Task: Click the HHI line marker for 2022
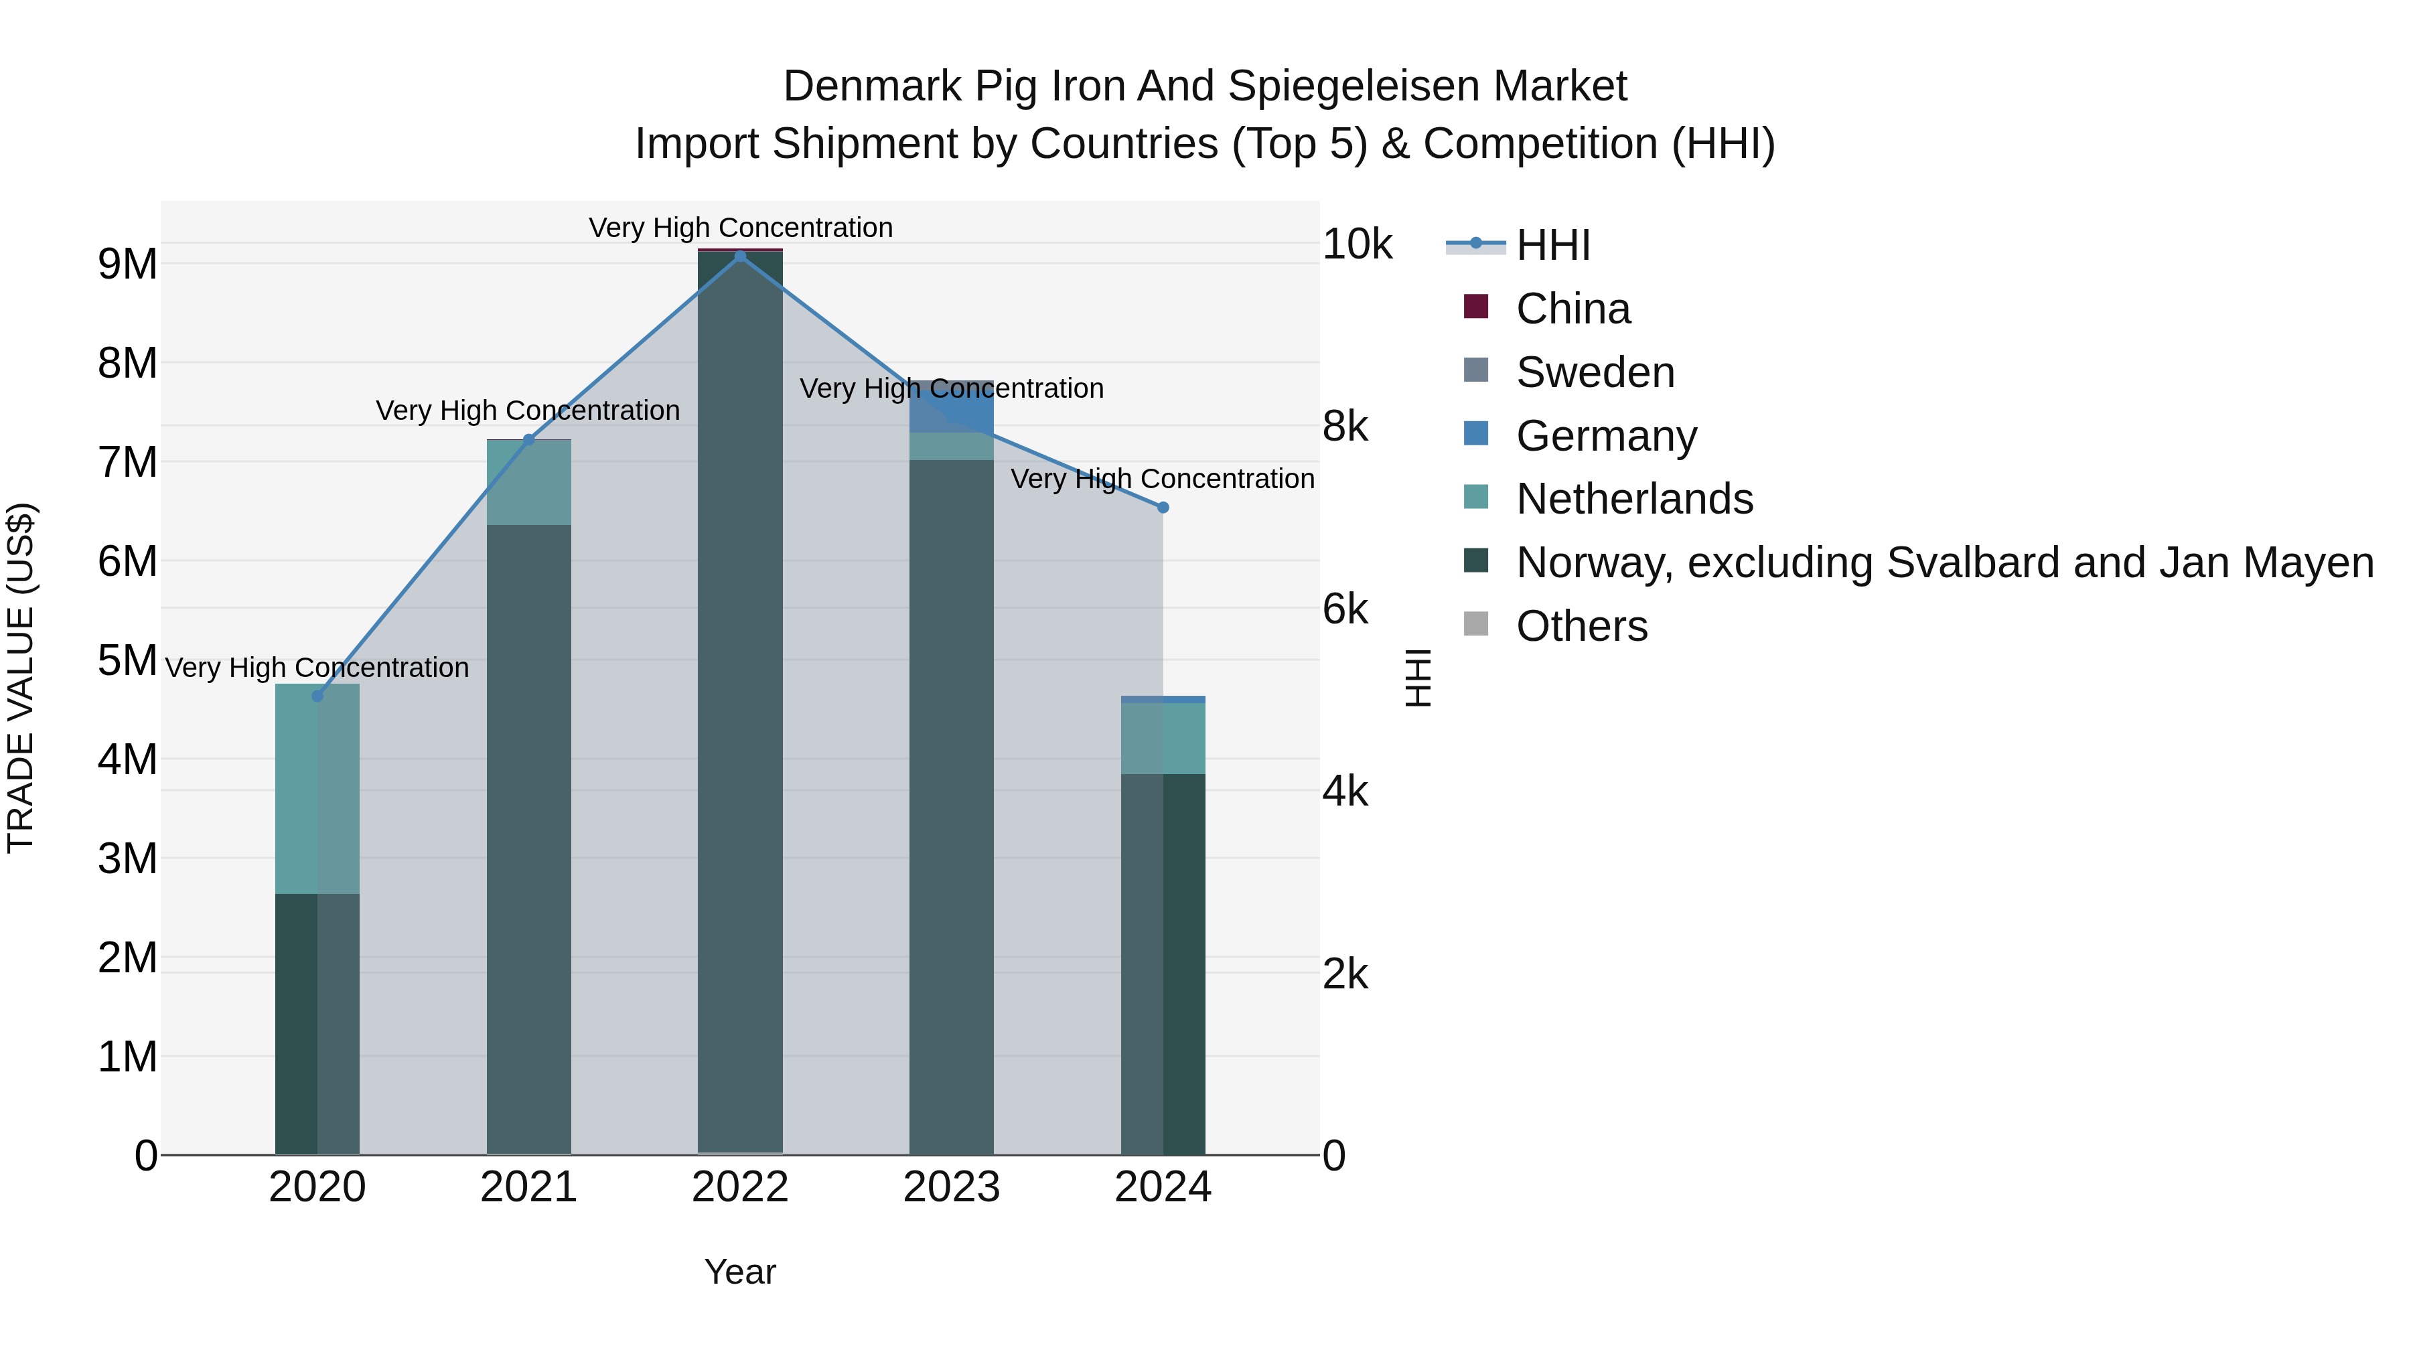click(x=740, y=256)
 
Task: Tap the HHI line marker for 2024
click(x=1163, y=507)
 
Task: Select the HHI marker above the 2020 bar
click(x=317, y=696)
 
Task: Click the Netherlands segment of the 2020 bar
click(x=317, y=788)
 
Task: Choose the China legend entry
click(x=1573, y=309)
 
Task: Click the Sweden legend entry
click(x=1594, y=372)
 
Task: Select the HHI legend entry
click(x=1552, y=245)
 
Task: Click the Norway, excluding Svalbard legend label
click(x=1944, y=562)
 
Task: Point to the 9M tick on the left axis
click(x=128, y=265)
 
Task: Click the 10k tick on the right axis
click(x=1357, y=244)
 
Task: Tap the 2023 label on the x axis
click(x=952, y=1187)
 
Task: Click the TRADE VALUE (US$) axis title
click(x=21, y=678)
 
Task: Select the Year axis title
click(x=739, y=1272)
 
